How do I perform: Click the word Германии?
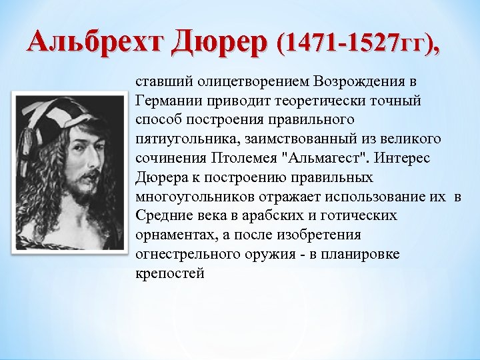[164, 100]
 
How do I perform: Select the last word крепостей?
[169, 273]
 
